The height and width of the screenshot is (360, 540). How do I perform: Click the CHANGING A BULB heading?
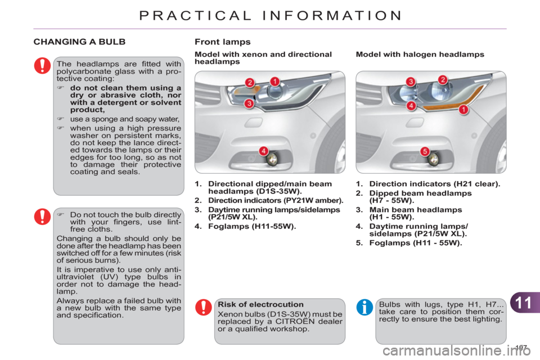[79, 42]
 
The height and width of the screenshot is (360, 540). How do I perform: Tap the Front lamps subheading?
[223, 42]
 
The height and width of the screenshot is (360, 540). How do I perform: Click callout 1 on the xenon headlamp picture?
[274, 82]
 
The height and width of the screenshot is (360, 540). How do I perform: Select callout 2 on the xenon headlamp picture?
[250, 83]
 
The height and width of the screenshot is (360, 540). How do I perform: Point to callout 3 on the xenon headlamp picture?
[249, 103]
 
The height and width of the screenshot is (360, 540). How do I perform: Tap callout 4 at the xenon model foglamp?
[263, 151]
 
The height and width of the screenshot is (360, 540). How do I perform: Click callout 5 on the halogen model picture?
[425, 151]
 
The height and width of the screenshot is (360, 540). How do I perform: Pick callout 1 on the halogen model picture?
[463, 110]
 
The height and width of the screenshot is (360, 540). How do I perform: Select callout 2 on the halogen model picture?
[443, 79]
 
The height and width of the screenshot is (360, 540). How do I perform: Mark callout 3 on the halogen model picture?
[411, 82]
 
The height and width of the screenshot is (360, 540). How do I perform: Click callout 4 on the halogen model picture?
[411, 105]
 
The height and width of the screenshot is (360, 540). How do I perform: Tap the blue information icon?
[364, 307]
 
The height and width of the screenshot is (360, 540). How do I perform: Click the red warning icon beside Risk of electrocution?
[204, 307]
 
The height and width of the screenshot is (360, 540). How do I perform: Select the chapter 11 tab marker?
[525, 303]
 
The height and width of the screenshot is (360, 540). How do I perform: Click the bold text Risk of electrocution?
[260, 304]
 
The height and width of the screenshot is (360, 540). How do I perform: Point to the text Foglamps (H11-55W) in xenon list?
[252, 226]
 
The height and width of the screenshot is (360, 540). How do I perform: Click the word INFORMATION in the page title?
[332, 16]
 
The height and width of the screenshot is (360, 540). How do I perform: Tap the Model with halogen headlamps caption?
[420, 55]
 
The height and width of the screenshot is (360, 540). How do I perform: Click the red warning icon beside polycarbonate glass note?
[42, 65]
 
